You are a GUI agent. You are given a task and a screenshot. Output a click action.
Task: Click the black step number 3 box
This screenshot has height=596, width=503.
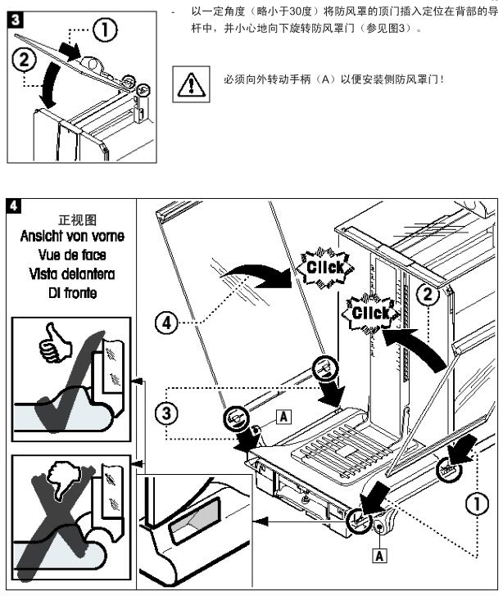pos(11,16)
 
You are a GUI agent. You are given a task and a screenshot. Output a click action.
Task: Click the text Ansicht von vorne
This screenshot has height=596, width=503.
pos(73,237)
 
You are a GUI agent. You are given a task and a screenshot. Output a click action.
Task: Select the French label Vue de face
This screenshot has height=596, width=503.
pos(73,255)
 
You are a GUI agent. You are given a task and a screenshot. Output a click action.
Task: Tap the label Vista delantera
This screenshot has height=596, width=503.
pos(73,273)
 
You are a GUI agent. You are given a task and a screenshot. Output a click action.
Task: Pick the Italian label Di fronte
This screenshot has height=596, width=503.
pos(73,292)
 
